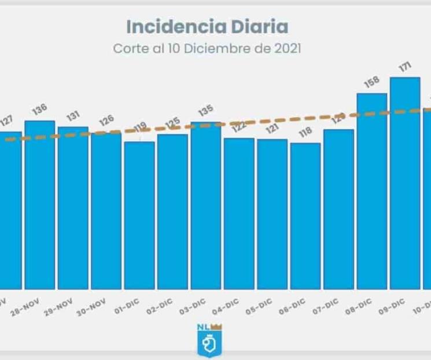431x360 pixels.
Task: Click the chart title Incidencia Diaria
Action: pos(207,27)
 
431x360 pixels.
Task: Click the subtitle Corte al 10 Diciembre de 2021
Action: pos(207,49)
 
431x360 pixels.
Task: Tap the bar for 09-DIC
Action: pos(405,183)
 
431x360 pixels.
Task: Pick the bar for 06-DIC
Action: pos(305,215)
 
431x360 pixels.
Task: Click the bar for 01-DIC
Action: pos(139,215)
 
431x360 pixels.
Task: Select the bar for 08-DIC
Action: pos(371,191)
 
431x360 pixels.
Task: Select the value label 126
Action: pos(106,122)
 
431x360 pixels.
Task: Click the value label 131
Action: pos(73,116)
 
